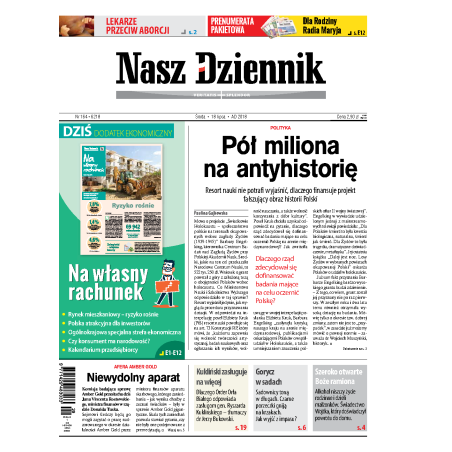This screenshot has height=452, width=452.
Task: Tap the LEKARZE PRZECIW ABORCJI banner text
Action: (107, 25)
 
